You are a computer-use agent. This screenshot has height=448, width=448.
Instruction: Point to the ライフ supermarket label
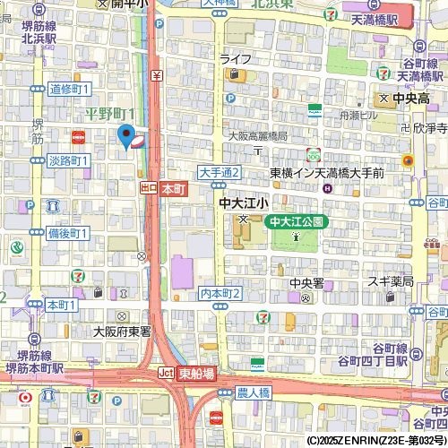point(236,58)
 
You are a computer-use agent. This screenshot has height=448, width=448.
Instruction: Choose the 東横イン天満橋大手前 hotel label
point(327,172)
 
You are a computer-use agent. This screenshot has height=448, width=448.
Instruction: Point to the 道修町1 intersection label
point(69,89)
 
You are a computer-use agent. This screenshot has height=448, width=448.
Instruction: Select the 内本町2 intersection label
point(220,293)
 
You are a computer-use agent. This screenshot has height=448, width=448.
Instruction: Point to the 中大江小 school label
point(243,204)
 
